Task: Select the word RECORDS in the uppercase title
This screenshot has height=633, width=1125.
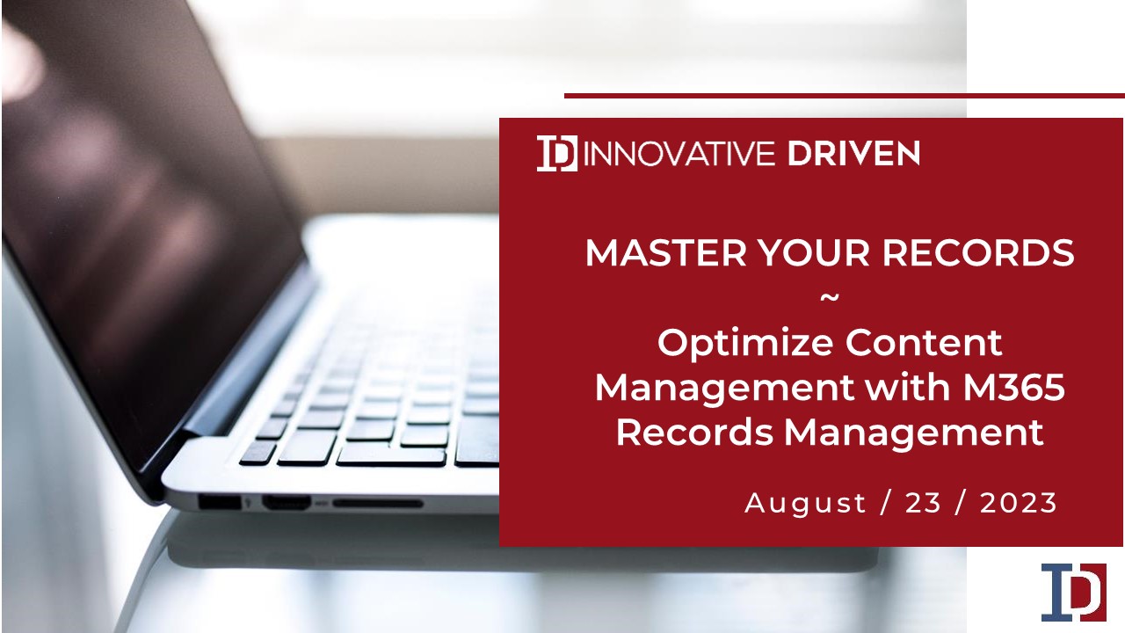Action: click(x=978, y=252)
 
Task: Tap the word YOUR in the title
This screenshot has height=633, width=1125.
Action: click(x=814, y=252)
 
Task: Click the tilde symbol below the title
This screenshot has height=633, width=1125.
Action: click(x=830, y=298)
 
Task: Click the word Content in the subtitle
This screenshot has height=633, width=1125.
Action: click(x=924, y=343)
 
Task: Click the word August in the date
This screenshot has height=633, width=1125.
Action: click(x=806, y=504)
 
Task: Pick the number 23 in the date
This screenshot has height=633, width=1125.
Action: click(x=923, y=503)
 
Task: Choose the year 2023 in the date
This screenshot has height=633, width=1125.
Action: click(x=1019, y=503)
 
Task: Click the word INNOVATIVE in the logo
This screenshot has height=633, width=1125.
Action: click(x=679, y=154)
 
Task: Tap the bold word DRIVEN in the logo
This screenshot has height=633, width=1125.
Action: click(x=853, y=154)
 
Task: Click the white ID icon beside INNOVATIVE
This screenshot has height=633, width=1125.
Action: click(x=557, y=153)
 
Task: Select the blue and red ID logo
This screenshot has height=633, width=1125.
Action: click(x=1074, y=593)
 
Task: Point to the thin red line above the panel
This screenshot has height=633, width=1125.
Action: click(x=845, y=96)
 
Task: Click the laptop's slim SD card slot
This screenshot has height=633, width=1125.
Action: click(x=378, y=503)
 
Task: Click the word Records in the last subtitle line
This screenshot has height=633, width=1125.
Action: click(x=694, y=432)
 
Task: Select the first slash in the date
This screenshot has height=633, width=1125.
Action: click(x=886, y=504)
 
